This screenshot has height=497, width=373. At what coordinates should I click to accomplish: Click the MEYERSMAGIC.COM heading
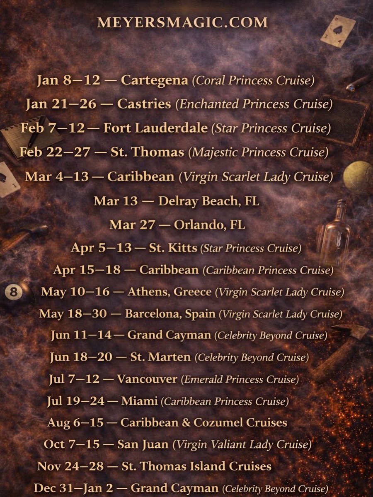[182, 22]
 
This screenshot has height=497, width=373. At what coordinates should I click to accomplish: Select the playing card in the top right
[338, 31]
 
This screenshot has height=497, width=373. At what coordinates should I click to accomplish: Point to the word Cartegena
[154, 80]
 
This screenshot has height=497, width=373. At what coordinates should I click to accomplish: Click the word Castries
[144, 104]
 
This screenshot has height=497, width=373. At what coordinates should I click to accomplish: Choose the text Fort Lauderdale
[155, 128]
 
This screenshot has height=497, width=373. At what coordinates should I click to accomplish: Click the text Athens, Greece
[170, 292]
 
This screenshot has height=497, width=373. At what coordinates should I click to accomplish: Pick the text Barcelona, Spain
[170, 314]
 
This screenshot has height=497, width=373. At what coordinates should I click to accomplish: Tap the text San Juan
[143, 444]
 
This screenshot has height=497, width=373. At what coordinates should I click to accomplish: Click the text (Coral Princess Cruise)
[253, 80]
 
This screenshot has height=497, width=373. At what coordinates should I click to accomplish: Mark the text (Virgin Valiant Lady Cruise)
[242, 445]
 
